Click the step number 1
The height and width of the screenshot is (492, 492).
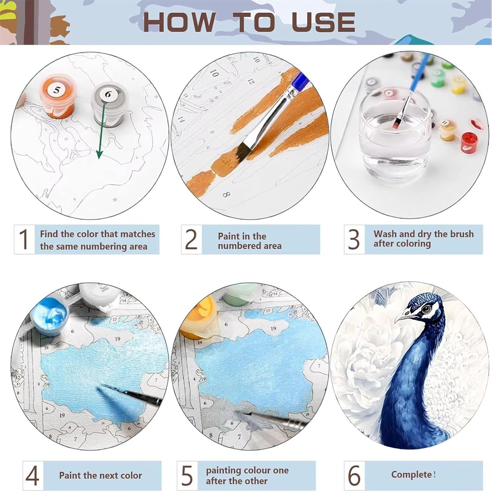24,239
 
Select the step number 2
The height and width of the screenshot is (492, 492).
191,239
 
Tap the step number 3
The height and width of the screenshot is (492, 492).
354,239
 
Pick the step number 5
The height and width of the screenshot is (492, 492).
187,476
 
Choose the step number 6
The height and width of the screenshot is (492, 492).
354,475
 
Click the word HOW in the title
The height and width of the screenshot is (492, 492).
179,22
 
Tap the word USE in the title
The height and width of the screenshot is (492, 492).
323,22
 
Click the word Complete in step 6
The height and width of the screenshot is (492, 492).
411,475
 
